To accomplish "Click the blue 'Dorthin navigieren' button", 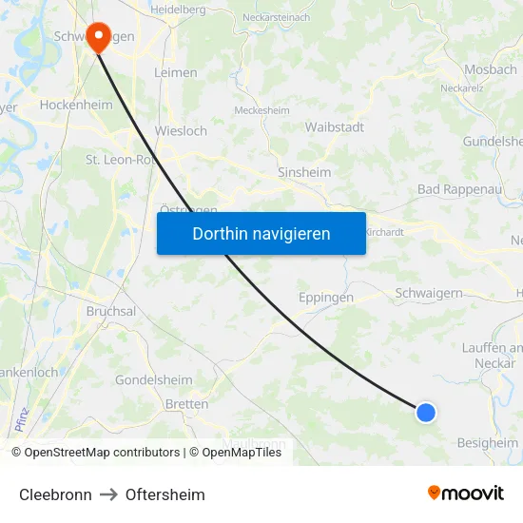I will tap(261, 233).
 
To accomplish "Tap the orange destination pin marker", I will tap(97, 38).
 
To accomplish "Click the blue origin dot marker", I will tap(426, 412).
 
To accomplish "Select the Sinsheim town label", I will tap(303, 172).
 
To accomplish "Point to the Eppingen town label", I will tap(326, 297).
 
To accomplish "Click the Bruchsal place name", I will tap(111, 310).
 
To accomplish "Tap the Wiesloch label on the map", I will tap(181, 131).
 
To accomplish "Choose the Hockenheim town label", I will tap(76, 106).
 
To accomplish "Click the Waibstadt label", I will tap(335, 126).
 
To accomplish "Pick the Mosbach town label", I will tap(491, 69).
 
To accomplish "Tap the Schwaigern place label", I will tap(427, 293).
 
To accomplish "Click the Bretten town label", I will tap(186, 404).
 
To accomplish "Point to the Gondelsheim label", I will tap(153, 379).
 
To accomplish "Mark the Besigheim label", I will tap(488, 443).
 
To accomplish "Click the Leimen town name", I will tap(177, 72).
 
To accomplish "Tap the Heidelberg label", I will tap(178, 9).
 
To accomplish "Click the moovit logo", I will tap(466, 493).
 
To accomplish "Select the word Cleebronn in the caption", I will tap(55, 494).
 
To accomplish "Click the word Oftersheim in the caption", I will tap(165, 494).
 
